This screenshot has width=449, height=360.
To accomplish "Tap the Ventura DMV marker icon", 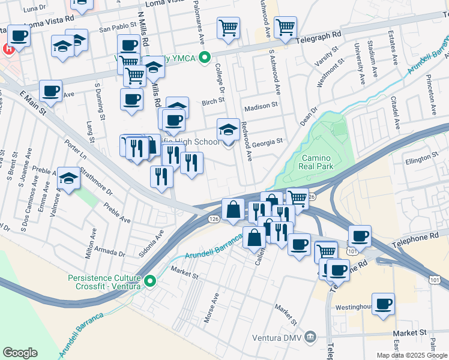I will coord(310,335).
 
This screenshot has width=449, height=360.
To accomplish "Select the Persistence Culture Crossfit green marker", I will coord(151,280).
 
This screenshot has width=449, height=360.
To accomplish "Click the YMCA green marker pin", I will coord(205,58).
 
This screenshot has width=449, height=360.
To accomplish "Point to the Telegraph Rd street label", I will coord(319,40).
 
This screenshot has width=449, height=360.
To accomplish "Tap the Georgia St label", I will coord(267,142).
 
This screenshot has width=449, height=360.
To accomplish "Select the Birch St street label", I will coord(212,102).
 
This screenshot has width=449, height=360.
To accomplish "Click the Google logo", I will coord(20,353).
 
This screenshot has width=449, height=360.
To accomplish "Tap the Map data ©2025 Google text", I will coord(412,355).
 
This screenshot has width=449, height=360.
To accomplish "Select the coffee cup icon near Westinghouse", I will coord(383,304).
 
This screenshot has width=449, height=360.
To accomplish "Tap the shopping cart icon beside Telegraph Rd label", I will coord(285,26).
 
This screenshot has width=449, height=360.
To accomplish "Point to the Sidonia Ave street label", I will coord(152,243).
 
